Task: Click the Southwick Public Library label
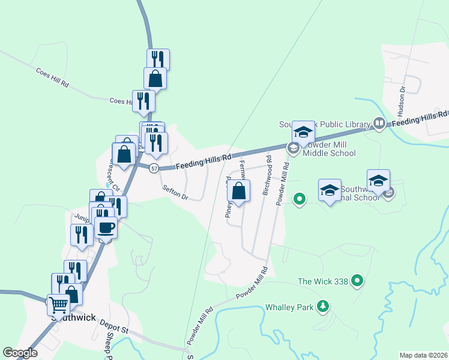click(324, 124)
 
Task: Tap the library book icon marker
click(379, 123)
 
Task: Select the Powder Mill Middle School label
click(329, 149)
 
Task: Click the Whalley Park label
click(290, 307)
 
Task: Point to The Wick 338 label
click(323, 280)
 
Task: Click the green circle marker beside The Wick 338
click(358, 280)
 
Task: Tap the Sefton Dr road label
click(176, 191)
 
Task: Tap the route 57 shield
click(154, 169)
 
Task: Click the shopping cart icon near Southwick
click(59, 305)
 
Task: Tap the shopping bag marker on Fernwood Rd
click(238, 192)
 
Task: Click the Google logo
click(20, 353)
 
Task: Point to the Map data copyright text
click(423, 355)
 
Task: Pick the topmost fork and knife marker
click(158, 59)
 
